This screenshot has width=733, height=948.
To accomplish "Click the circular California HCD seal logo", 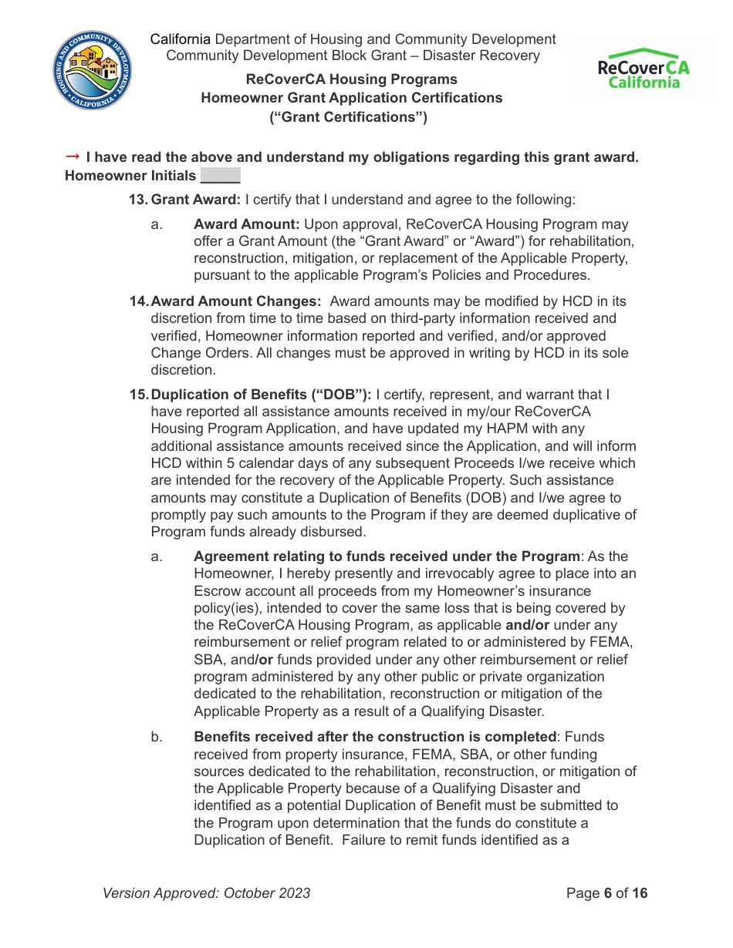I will [x=93, y=70].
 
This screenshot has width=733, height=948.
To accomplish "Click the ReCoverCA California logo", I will [x=643, y=69].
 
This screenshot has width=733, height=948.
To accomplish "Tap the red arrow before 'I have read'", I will [x=73, y=156].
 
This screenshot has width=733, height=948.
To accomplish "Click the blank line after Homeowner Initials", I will [x=221, y=176].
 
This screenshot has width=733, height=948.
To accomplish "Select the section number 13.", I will [x=137, y=200].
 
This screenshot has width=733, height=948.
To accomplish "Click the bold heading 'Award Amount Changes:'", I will [x=236, y=301].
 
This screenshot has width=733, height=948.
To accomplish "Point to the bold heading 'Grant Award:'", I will [x=196, y=200].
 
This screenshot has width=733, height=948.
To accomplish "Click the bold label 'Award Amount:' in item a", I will [x=247, y=224].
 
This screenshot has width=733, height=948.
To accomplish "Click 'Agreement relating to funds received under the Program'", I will [x=387, y=556].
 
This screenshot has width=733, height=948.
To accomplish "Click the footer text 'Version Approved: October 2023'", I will [x=207, y=893].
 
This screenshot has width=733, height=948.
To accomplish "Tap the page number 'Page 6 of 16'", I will [x=606, y=893].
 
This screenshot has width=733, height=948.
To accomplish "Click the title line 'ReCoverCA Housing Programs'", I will [x=351, y=79].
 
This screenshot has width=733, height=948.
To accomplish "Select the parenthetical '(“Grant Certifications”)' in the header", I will [x=348, y=117].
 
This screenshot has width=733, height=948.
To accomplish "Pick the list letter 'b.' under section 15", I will [x=157, y=737].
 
